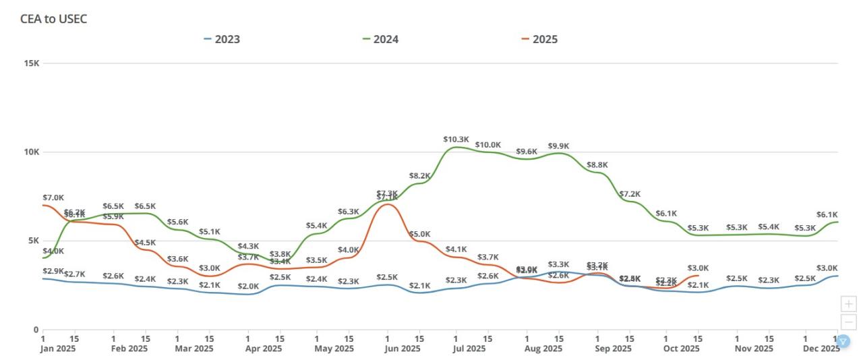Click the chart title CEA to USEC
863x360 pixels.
(x=54, y=19)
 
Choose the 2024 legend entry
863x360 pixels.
(x=380, y=39)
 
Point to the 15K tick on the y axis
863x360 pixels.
(x=32, y=63)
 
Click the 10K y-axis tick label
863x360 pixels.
(x=32, y=152)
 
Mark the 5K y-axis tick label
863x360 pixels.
(x=34, y=241)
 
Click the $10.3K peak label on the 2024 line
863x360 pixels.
(x=456, y=140)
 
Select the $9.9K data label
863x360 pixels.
(x=558, y=146)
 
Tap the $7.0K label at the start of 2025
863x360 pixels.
(x=53, y=198)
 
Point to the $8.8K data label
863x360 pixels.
(x=597, y=164)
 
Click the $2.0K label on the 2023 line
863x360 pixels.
(x=248, y=287)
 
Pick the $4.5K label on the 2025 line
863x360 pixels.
(x=145, y=243)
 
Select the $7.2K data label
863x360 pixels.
(x=630, y=194)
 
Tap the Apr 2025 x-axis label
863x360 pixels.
(x=263, y=349)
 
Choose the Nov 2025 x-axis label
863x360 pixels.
(x=754, y=349)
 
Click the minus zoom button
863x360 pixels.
(x=849, y=322)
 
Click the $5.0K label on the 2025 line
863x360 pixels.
(x=419, y=234)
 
